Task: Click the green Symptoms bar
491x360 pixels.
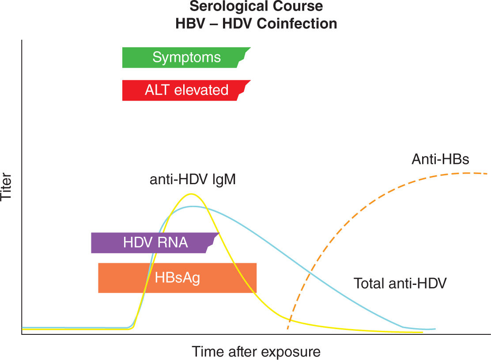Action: click(x=186, y=57)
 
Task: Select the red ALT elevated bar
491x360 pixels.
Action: click(x=186, y=90)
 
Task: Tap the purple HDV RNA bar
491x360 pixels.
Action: click(x=155, y=243)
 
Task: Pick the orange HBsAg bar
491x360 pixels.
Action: click(x=177, y=278)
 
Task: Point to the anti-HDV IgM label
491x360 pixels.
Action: click(x=193, y=180)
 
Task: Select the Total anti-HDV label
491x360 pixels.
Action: click(x=400, y=283)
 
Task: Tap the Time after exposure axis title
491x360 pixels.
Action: click(x=256, y=352)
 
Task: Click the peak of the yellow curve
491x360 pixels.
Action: click(x=191, y=194)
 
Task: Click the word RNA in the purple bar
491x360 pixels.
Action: click(x=174, y=243)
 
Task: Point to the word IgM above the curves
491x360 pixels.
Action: click(x=223, y=180)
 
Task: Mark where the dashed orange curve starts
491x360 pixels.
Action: click(x=287, y=329)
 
